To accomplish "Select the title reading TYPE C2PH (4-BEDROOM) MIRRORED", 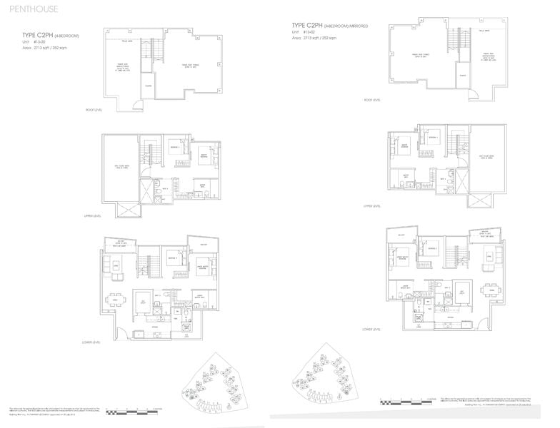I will click(x=329, y=25).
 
